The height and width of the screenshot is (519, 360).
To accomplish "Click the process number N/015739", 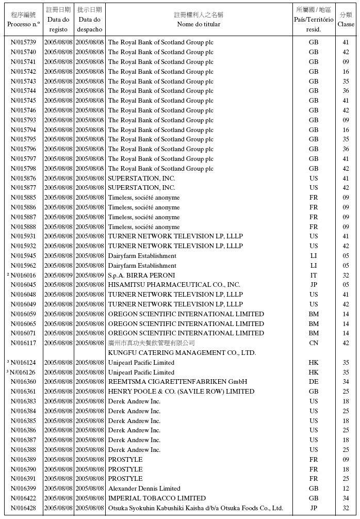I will pos(23,42).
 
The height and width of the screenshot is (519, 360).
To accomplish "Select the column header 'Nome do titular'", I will pos(199,24).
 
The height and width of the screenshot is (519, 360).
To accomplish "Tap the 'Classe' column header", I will pos(346,24).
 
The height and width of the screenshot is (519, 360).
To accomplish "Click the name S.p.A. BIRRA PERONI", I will pos(141,275).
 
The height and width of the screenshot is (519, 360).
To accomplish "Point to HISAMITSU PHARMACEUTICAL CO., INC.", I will pos(174,285).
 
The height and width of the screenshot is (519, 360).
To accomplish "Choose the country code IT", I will pos(314,275).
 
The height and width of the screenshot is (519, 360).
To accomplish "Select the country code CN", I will pos(314,343).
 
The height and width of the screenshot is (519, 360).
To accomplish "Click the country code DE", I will pos(314,382).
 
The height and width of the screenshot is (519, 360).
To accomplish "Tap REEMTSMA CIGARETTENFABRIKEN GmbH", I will pos(177,382).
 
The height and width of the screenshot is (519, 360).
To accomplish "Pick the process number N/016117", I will pos(23,343).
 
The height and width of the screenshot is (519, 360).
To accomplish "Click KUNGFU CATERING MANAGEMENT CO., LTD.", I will pos(182,353).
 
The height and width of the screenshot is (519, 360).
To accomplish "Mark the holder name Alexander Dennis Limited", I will pos(144,489).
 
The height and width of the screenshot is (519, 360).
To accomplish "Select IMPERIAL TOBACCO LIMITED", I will pos(157,498).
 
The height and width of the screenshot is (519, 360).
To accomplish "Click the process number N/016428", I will pos(23,508).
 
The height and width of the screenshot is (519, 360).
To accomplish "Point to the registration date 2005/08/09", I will pos(58,275).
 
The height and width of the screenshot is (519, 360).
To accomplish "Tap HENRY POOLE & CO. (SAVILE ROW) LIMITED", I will pos(181,392).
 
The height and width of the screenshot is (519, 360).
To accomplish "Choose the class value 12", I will pos(346,489).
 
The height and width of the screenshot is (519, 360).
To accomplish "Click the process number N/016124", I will pos(23,363).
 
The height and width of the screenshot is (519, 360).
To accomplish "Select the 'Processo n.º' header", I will pos(23,24).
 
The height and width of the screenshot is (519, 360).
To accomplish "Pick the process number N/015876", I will pos(23,179).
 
